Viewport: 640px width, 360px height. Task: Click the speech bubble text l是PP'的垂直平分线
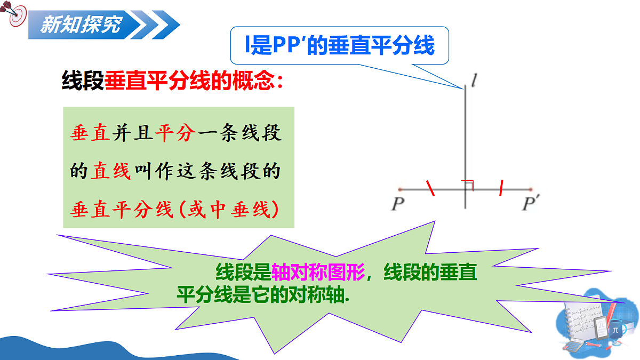click(x=339, y=46)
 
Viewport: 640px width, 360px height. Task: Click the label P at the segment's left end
click(x=397, y=204)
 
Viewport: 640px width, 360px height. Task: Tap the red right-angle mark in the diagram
click(x=469, y=185)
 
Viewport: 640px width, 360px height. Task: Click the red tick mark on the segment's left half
click(x=430, y=189)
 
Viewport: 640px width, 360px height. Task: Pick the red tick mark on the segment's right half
click(x=501, y=188)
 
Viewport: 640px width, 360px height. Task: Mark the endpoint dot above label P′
click(x=531, y=189)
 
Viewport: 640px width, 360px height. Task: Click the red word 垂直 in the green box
click(x=90, y=133)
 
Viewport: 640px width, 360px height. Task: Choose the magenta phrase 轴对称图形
click(x=318, y=273)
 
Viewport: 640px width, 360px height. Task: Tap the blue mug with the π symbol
click(x=615, y=330)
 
